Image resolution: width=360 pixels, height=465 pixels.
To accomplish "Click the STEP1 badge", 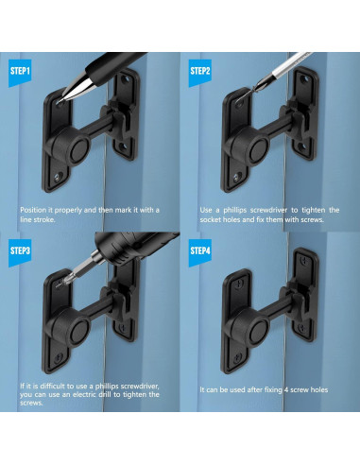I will tap(21, 71).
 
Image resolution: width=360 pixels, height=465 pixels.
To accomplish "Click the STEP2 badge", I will tap(199, 71).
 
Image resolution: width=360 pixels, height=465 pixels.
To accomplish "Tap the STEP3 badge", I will tap(21, 250).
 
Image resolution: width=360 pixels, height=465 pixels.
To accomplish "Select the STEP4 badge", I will tap(199, 250).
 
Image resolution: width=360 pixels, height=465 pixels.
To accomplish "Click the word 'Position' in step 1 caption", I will tap(35, 209).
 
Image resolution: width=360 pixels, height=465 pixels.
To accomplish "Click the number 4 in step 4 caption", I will tap(295, 389).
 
